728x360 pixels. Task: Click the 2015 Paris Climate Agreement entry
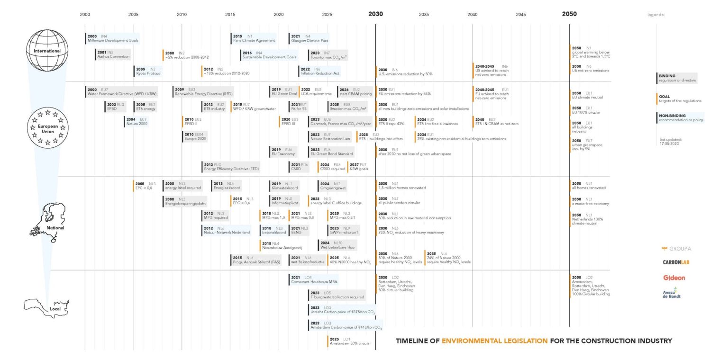(254, 38)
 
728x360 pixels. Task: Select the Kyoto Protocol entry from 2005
(148, 71)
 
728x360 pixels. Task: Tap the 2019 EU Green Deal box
(283, 91)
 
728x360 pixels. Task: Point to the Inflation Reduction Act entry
(319, 71)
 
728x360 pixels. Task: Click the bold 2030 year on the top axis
(375, 14)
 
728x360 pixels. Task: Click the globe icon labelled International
(47, 50)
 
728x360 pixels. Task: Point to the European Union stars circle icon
(47, 128)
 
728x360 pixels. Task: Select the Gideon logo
(673, 278)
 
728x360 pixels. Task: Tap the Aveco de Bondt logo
(672, 293)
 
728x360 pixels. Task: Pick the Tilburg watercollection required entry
(337, 295)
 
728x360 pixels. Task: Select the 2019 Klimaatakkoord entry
(284, 186)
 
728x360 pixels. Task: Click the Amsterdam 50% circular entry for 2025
(349, 341)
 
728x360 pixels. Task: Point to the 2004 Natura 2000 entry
(137, 121)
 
